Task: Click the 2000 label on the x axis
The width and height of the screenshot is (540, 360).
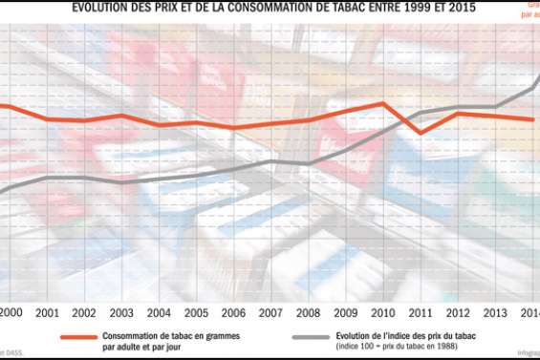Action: (x=11, y=313)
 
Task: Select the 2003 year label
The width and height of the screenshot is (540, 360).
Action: (x=121, y=313)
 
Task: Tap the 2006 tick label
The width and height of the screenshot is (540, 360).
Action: (x=233, y=313)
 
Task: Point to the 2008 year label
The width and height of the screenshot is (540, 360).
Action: (x=308, y=313)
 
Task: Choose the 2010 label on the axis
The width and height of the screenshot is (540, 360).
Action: (x=382, y=313)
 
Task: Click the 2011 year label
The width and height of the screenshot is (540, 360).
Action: (x=420, y=313)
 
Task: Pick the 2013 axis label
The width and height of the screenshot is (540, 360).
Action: (x=494, y=313)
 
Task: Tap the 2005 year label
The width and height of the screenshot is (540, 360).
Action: (x=196, y=313)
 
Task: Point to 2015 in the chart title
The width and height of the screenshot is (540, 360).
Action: (x=453, y=8)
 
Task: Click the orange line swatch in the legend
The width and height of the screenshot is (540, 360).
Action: (x=78, y=337)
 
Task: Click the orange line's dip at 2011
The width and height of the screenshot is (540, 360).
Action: (x=421, y=133)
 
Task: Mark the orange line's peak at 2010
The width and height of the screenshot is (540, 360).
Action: (x=383, y=103)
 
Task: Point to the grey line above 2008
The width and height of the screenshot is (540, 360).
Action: (x=308, y=163)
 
